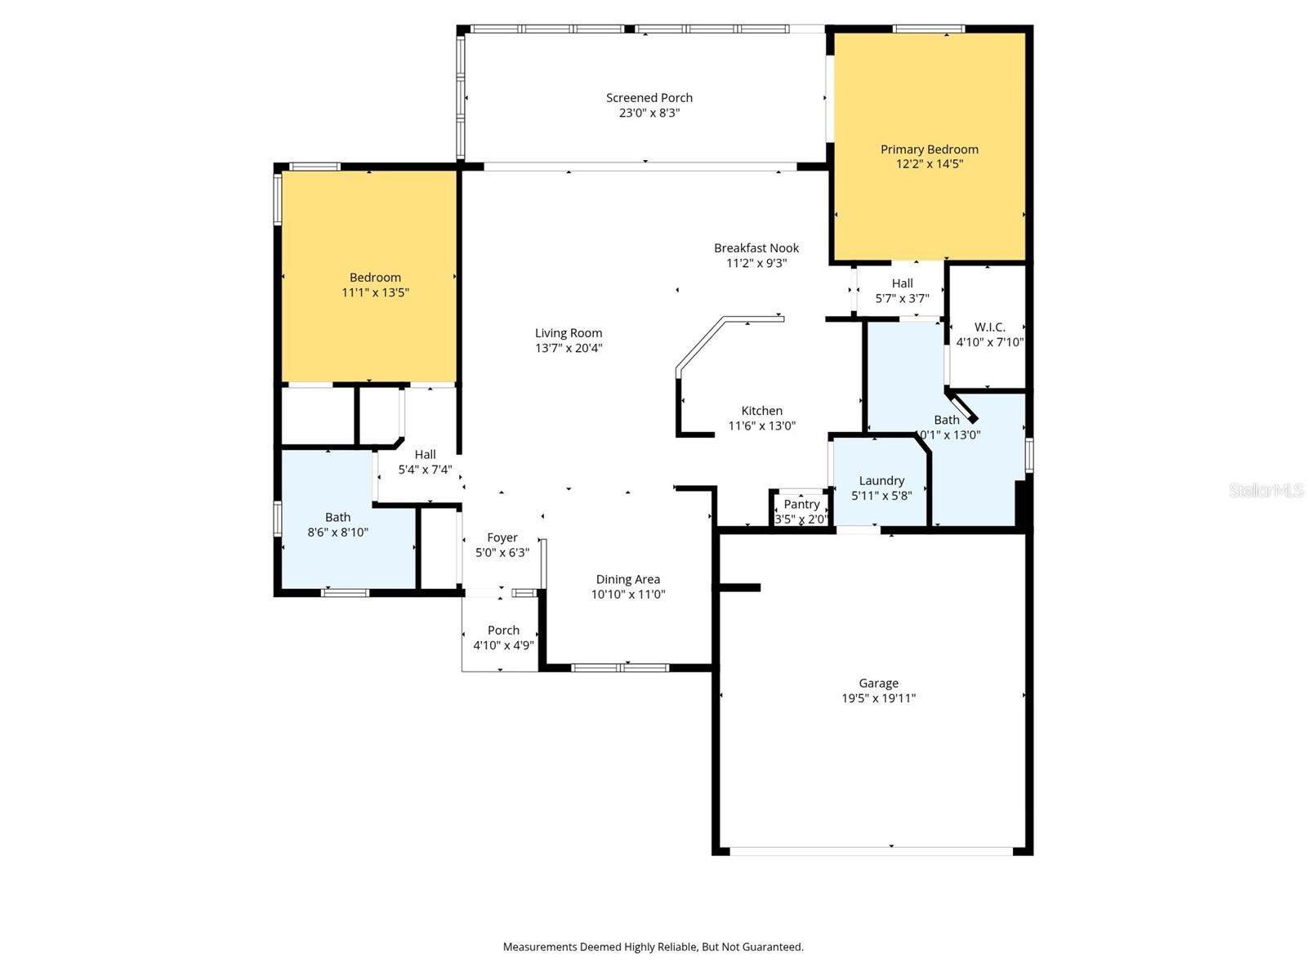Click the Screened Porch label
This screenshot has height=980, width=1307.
(649, 98)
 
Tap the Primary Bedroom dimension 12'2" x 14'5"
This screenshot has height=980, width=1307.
(929, 164)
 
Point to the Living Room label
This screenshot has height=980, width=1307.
(569, 333)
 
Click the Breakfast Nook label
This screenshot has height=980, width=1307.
(756, 248)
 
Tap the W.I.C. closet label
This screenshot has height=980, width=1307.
(989, 327)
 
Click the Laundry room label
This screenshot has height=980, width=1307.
(881, 481)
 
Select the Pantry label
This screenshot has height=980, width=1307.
(801, 505)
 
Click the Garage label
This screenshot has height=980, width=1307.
(878, 684)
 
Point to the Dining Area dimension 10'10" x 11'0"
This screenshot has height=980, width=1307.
(627, 595)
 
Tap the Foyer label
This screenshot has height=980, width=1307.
(502, 537)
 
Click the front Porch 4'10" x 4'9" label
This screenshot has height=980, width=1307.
(503, 630)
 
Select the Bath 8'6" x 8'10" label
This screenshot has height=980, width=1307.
(337, 518)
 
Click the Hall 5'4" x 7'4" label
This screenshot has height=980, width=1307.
(425, 455)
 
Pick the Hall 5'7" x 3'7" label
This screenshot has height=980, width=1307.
(902, 283)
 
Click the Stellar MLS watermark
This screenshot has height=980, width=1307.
(1265, 490)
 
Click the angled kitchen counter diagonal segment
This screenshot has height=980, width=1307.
(699, 344)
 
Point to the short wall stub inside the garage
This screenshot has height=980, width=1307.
(739, 587)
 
